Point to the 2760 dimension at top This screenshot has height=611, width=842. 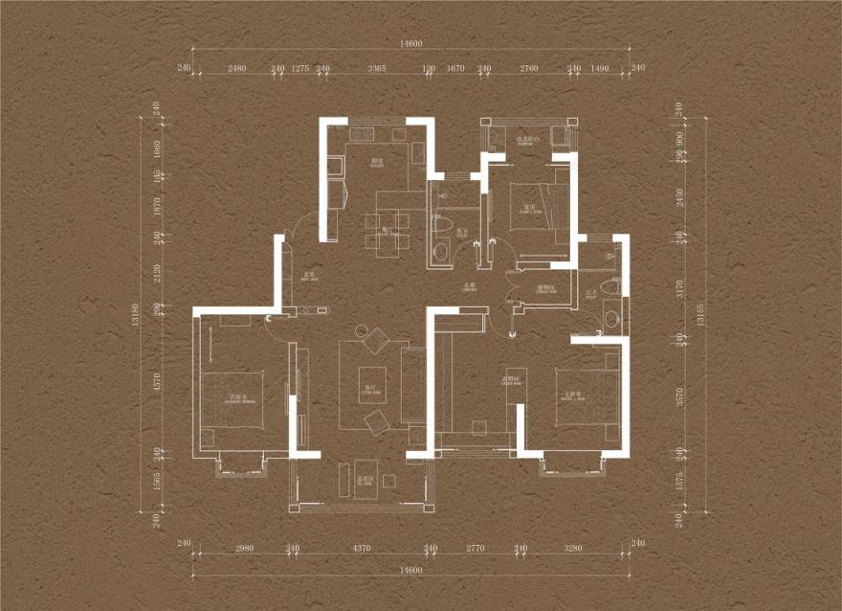click(x=529, y=68)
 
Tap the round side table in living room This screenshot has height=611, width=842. click(x=363, y=331)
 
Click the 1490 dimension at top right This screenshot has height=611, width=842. click(x=601, y=68)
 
